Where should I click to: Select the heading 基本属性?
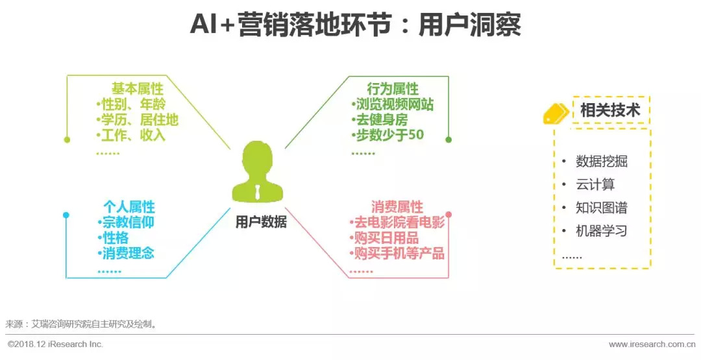(137, 89)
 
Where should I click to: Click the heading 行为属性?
(393, 89)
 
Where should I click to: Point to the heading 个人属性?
(129, 207)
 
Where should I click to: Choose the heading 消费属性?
(397, 207)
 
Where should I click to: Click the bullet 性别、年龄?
(132, 104)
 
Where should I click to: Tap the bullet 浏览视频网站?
(393, 104)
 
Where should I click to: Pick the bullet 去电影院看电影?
(397, 222)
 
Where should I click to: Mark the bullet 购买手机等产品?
(397, 254)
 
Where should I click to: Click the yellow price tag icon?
(555, 114)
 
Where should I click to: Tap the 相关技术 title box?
(609, 110)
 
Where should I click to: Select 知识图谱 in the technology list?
(601, 208)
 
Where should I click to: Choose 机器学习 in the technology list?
(601, 231)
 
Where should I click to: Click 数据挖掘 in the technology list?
(601, 162)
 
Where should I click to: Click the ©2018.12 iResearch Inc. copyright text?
(55, 344)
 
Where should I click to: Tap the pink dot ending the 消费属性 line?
(449, 214)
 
